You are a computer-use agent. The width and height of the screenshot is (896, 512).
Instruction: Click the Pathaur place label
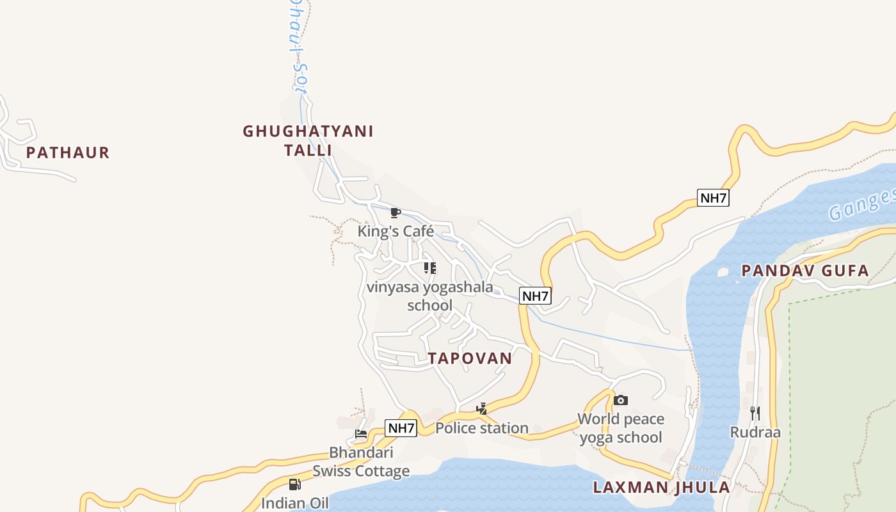pos(68,153)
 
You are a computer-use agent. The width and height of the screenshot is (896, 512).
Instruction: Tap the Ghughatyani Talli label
pos(308,141)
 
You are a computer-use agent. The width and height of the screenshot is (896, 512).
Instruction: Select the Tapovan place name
pos(470,358)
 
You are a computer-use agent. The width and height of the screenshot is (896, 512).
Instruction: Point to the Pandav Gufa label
pos(805,271)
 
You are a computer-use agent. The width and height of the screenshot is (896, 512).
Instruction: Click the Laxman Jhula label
pos(661,488)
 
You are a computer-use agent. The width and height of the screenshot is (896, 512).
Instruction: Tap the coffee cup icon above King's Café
pos(396,212)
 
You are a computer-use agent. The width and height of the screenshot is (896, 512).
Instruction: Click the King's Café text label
pos(396,232)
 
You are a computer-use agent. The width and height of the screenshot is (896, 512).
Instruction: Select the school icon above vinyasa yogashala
pos(430,268)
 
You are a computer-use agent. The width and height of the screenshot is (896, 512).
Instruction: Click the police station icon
pos(481,408)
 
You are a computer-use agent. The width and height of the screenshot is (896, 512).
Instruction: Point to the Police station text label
pos(482,428)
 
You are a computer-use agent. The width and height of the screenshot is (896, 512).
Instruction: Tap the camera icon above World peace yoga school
pos(620,401)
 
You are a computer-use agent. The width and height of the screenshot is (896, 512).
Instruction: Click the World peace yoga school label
pos(621,428)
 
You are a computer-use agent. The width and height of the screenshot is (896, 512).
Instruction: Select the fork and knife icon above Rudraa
pos(755,413)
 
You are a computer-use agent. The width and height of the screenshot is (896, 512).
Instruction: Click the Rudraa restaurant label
pos(755,433)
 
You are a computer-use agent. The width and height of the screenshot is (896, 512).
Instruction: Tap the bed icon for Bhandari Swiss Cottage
pos(361,434)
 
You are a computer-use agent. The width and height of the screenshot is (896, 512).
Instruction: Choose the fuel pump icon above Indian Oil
pos(294,484)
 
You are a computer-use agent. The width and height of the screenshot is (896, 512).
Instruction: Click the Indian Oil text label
pos(294,503)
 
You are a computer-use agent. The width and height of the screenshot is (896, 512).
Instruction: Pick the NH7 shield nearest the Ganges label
pos(713,198)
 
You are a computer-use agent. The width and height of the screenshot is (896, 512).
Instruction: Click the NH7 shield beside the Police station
pos(401,428)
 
